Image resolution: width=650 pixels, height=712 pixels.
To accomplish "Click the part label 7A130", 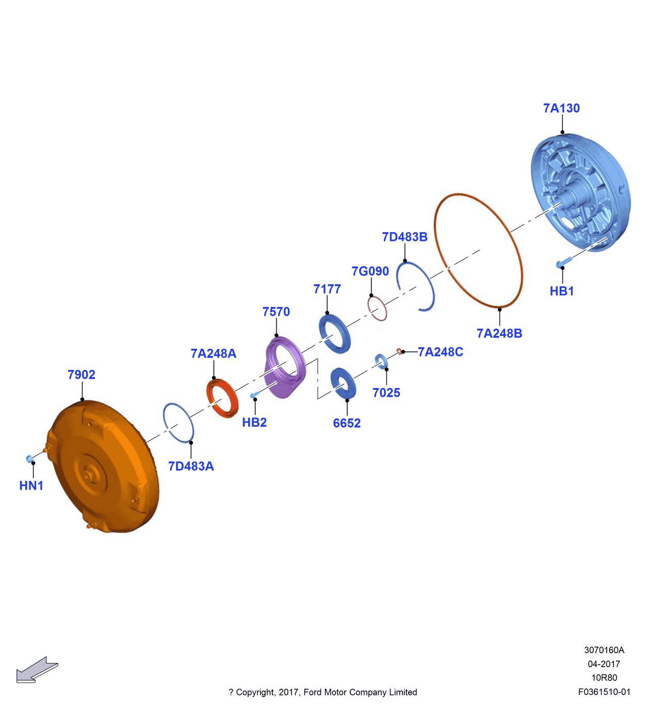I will pyautogui.click(x=561, y=108).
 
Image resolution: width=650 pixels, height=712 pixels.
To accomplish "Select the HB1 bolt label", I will pyautogui.click(x=562, y=291).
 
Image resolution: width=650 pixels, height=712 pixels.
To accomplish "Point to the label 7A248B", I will pyautogui.click(x=499, y=333).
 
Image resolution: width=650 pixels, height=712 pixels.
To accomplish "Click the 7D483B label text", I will pyautogui.click(x=404, y=237).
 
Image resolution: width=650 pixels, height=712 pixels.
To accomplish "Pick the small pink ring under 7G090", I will pyautogui.click(x=378, y=309).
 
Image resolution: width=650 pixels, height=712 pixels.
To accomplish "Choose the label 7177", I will pyautogui.click(x=327, y=289).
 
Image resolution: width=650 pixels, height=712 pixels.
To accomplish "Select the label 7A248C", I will pyautogui.click(x=441, y=352).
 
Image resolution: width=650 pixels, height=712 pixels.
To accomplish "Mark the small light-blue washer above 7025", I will pyautogui.click(x=381, y=361).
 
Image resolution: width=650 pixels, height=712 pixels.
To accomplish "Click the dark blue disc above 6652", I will pyautogui.click(x=343, y=383).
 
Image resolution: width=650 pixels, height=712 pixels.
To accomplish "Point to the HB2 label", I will pyautogui.click(x=254, y=423).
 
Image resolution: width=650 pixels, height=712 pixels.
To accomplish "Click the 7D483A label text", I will pyautogui.click(x=191, y=466).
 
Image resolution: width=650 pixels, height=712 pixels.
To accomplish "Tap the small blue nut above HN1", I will pyautogui.click(x=30, y=458).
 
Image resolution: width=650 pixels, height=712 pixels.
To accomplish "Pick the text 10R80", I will pyautogui.click(x=604, y=678).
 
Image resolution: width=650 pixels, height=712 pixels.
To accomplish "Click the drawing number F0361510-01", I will pyautogui.click(x=604, y=692).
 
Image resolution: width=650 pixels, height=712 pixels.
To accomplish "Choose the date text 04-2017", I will pyautogui.click(x=604, y=664).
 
